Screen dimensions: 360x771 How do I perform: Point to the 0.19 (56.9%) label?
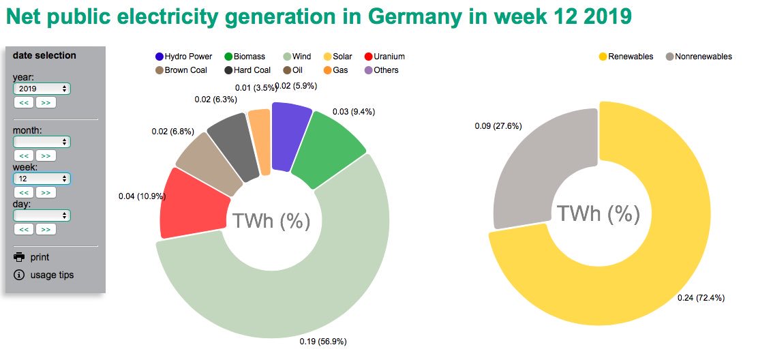[x=327, y=342]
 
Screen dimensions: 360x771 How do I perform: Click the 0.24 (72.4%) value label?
[x=701, y=297]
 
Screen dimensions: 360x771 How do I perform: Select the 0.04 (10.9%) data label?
[x=142, y=196]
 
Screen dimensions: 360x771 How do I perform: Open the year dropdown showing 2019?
[x=42, y=89]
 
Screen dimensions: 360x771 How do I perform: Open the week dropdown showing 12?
[x=42, y=179]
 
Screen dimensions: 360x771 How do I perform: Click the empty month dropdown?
[x=42, y=142]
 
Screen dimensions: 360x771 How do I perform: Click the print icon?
[x=19, y=257]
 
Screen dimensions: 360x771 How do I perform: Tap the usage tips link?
[x=52, y=275]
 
